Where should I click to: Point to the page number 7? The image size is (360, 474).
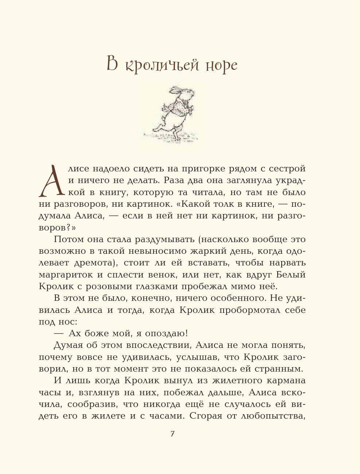173,434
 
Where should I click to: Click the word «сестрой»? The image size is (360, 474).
287,169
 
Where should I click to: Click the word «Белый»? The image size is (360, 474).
291,275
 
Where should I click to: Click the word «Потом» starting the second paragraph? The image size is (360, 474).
68,239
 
